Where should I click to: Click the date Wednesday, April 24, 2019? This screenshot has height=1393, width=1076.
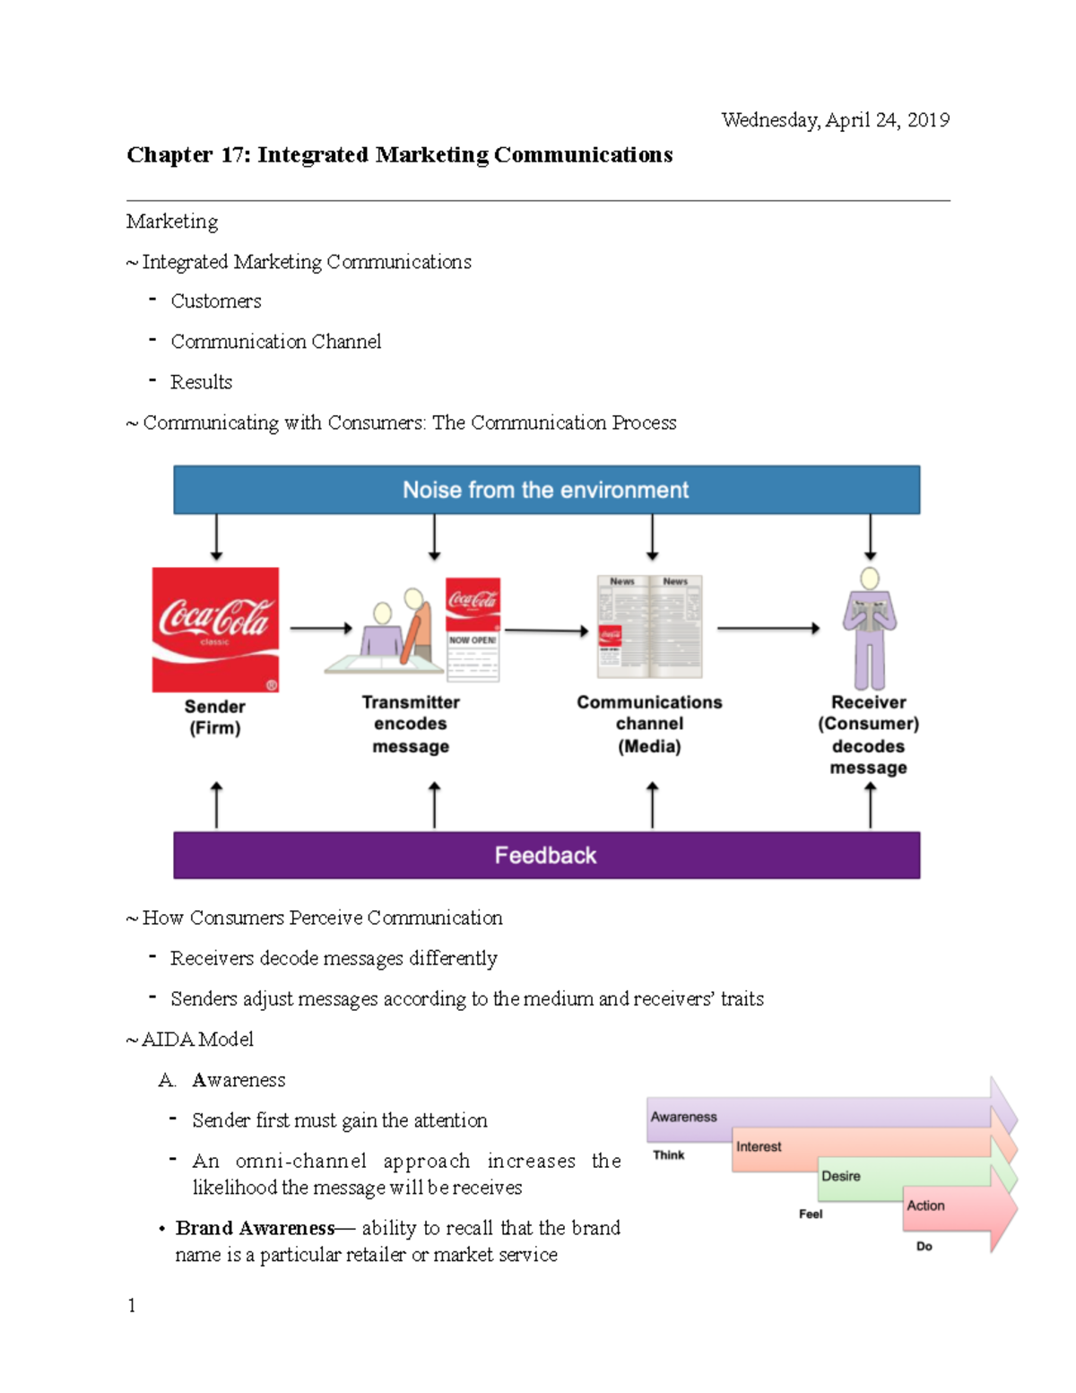coord(835,120)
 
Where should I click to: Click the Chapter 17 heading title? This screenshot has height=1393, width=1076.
coord(399,155)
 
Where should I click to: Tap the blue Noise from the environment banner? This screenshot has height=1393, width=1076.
coord(546,490)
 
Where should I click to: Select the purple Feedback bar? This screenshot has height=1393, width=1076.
coord(546,855)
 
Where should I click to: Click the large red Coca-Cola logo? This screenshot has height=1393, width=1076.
coord(215,629)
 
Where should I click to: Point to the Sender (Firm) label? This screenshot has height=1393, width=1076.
coord(215,718)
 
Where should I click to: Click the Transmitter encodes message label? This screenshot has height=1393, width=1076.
coord(411,724)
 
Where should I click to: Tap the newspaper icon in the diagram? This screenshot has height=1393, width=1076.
coord(650,627)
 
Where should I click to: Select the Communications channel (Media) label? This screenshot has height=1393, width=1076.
coord(649,724)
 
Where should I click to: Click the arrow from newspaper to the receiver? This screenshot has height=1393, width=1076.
coord(768,629)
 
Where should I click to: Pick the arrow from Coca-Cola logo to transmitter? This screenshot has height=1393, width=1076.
coord(320,629)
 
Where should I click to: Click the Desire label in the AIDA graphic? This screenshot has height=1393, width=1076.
coord(841,1176)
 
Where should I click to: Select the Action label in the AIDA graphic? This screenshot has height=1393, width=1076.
coord(925,1206)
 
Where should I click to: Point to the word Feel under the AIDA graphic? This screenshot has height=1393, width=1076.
coord(811,1214)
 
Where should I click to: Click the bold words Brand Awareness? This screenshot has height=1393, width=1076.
coord(255,1228)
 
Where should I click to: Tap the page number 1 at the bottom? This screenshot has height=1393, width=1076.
coord(132,1305)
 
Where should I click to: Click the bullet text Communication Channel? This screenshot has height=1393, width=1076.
coord(275,342)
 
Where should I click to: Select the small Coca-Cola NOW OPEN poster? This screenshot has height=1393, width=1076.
coord(473,630)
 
